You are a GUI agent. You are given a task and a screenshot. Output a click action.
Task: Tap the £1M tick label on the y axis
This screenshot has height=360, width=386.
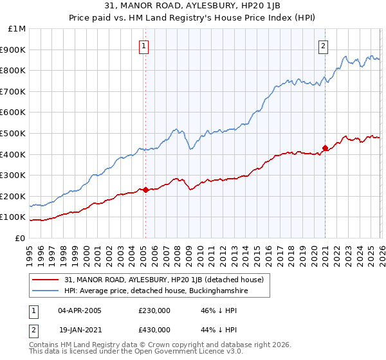click(x=17, y=29)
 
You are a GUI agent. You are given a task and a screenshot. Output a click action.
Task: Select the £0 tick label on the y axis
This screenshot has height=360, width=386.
click(x=21, y=238)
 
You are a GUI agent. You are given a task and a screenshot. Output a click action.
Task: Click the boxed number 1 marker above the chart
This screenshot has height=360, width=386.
click(x=143, y=46)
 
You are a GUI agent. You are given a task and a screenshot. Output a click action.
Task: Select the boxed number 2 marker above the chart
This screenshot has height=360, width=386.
click(x=322, y=46)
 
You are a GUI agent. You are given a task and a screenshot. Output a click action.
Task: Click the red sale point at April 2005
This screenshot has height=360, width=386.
click(x=145, y=190)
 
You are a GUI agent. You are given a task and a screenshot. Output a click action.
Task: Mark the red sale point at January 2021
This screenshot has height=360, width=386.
click(x=325, y=148)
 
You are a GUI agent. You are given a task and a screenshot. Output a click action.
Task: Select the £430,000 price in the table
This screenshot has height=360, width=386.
click(x=154, y=329)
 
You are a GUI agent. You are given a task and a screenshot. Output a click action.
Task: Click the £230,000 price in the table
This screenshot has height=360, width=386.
click(x=154, y=310)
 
